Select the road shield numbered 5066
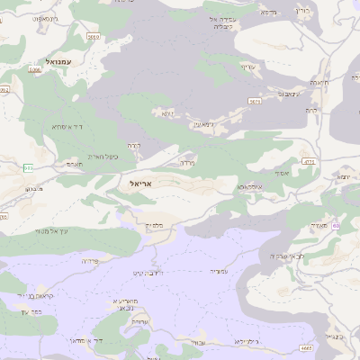(35, 69)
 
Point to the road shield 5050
(93, 37)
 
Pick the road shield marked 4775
(309, 161)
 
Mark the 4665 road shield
(307, 346)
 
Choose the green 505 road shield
(28, 168)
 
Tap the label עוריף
(249, 67)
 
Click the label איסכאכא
(249, 186)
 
